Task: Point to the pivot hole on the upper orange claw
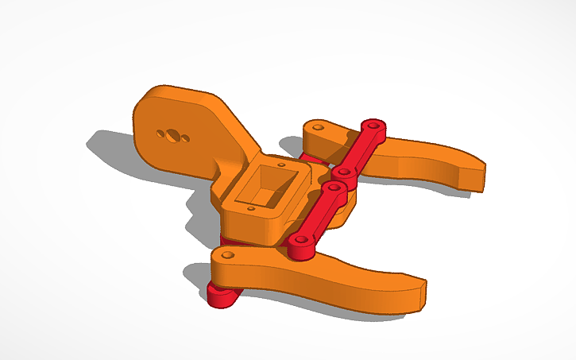pyautogui.click(x=319, y=126)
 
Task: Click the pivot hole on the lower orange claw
pyautogui.click(x=228, y=255)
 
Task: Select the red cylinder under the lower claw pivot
pyautogui.click(x=219, y=295)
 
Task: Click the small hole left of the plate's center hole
pyautogui.click(x=161, y=132)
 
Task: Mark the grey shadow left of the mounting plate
pyautogui.click(x=111, y=147)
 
